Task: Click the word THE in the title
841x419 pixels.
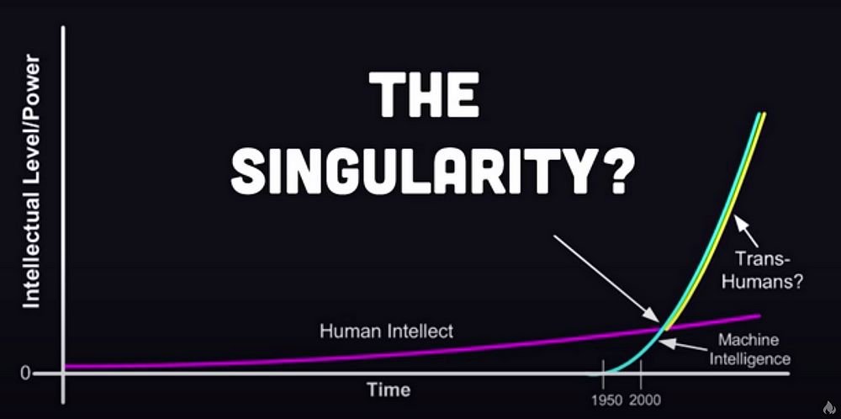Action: pyautogui.click(x=424, y=95)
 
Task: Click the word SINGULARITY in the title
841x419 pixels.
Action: pyautogui.click(x=412, y=171)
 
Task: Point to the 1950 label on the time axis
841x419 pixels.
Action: pyautogui.click(x=606, y=400)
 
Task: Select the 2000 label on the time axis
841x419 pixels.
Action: pyautogui.click(x=646, y=400)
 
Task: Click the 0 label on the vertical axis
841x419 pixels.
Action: pyautogui.click(x=25, y=374)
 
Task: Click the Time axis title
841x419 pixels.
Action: pyautogui.click(x=389, y=390)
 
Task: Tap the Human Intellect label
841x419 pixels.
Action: pyautogui.click(x=386, y=331)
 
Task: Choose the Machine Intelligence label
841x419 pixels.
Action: pyautogui.click(x=749, y=349)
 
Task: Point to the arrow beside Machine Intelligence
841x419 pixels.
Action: pyautogui.click(x=686, y=345)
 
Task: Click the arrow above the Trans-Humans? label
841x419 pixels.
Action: pyautogui.click(x=746, y=231)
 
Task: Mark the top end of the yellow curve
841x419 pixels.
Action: pyautogui.click(x=764, y=114)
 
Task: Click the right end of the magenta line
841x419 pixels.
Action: pyautogui.click(x=759, y=316)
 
